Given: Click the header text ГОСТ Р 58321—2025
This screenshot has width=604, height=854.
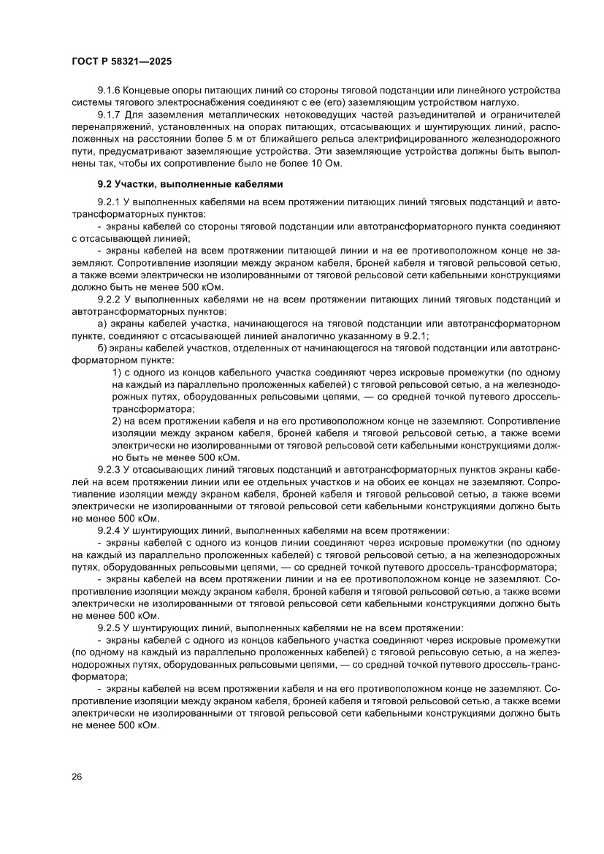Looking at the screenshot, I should pyautogui.click(x=122, y=62).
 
